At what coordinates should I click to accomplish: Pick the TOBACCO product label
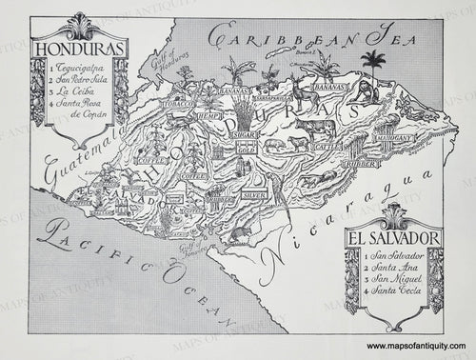click(178, 102)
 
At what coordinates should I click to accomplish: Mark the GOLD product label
click(246, 150)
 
